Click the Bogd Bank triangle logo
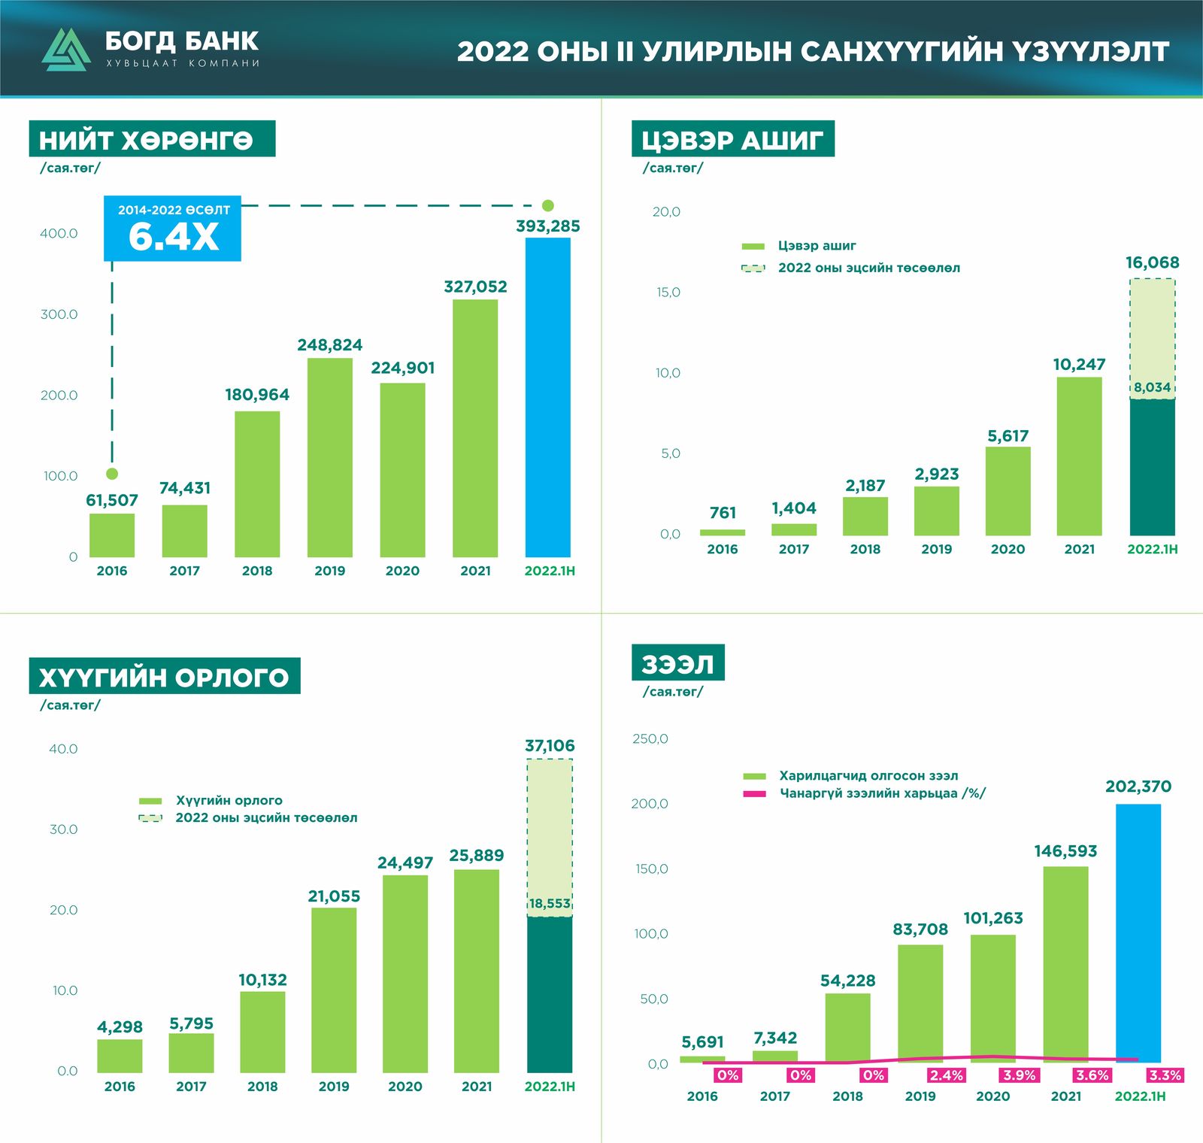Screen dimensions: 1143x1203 [x=66, y=50]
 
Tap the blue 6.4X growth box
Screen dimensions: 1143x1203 [x=172, y=229]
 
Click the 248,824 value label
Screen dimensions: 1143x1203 [x=329, y=345]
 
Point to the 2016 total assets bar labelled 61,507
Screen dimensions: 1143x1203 [x=112, y=535]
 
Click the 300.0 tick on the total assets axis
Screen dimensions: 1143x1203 [x=59, y=314]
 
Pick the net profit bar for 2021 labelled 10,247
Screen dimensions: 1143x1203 [x=1079, y=456]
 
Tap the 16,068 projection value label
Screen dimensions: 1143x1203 [x=1152, y=263]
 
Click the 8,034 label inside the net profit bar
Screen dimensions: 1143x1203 [x=1152, y=388]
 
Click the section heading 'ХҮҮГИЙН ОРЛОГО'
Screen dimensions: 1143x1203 [x=164, y=676]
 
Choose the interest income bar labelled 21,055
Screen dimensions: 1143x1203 [x=334, y=990]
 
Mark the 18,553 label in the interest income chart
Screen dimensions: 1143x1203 [x=550, y=904]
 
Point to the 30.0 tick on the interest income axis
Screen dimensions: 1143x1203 [x=63, y=829]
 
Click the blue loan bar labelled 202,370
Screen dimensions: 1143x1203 [x=1138, y=932]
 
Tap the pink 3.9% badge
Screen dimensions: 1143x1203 [x=1019, y=1075]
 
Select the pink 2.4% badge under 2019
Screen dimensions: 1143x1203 [x=946, y=1075]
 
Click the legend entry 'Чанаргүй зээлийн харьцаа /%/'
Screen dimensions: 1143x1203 [x=882, y=793]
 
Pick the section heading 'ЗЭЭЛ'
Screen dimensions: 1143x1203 [x=677, y=663]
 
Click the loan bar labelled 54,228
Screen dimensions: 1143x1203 [x=847, y=1027]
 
